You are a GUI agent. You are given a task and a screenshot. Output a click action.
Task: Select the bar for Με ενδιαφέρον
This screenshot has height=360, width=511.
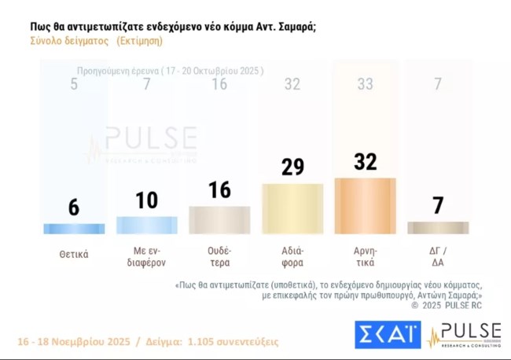point(146,225)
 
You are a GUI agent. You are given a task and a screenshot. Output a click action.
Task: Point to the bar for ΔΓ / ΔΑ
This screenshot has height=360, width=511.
point(438,227)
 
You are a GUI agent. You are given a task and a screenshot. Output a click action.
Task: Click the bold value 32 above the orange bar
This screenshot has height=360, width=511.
point(365,162)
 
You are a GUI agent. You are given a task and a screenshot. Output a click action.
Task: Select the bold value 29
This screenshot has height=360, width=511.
point(292,167)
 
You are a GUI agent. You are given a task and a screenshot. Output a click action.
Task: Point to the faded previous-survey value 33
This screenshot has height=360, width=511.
point(365,84)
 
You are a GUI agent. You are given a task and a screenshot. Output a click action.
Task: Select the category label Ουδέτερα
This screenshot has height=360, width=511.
point(219,258)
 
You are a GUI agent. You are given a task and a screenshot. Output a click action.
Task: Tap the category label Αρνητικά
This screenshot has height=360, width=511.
point(365,258)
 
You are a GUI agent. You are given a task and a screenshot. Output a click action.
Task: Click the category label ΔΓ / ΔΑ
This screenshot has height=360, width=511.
point(438,258)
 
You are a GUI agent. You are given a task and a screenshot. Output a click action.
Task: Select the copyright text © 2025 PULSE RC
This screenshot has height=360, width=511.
point(450,305)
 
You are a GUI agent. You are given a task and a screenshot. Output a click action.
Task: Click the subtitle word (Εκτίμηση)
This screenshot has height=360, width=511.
point(139,41)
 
